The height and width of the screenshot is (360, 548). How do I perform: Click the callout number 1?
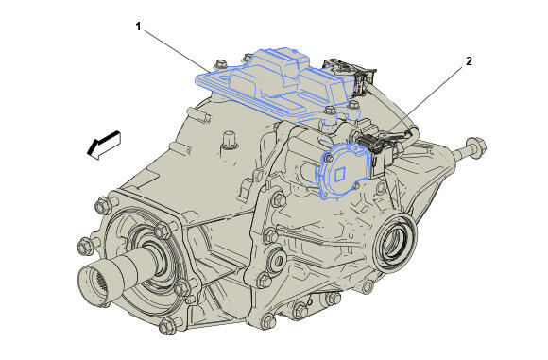click(138, 26)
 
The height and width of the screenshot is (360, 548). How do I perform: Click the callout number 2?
click(469, 61)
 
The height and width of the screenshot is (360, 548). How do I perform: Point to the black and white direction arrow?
click(103, 145)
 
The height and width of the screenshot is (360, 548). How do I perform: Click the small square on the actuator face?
click(340, 175)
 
